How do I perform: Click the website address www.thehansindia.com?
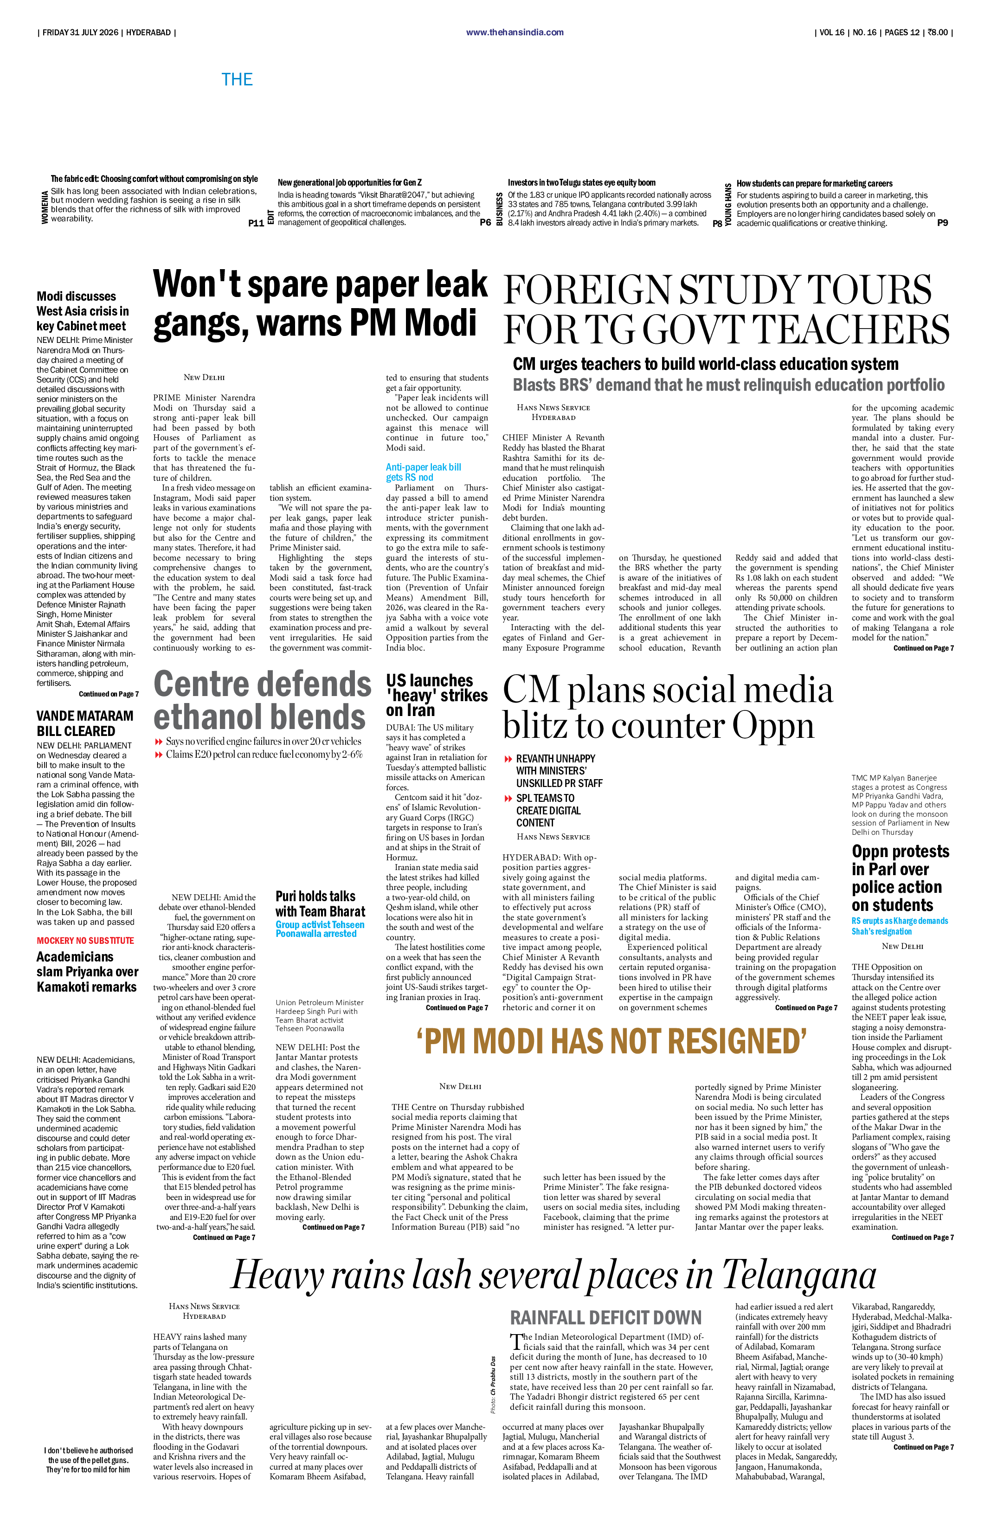pos(515,32)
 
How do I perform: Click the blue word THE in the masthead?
pos(237,80)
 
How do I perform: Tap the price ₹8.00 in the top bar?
pos(937,32)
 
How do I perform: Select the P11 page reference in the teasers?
pos(256,223)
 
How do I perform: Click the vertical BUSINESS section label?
pos(500,208)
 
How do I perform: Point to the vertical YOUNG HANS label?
pos(728,204)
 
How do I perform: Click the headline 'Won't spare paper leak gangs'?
pos(320,303)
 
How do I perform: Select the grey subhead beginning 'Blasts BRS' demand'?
pos(728,385)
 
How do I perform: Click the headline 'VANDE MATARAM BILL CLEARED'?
pos(85,723)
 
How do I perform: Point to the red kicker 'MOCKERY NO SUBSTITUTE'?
pos(85,941)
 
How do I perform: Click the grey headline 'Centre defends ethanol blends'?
pos(262,700)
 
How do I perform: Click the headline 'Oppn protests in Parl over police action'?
pos(901,878)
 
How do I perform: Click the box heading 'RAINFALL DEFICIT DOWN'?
pos(605,1318)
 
